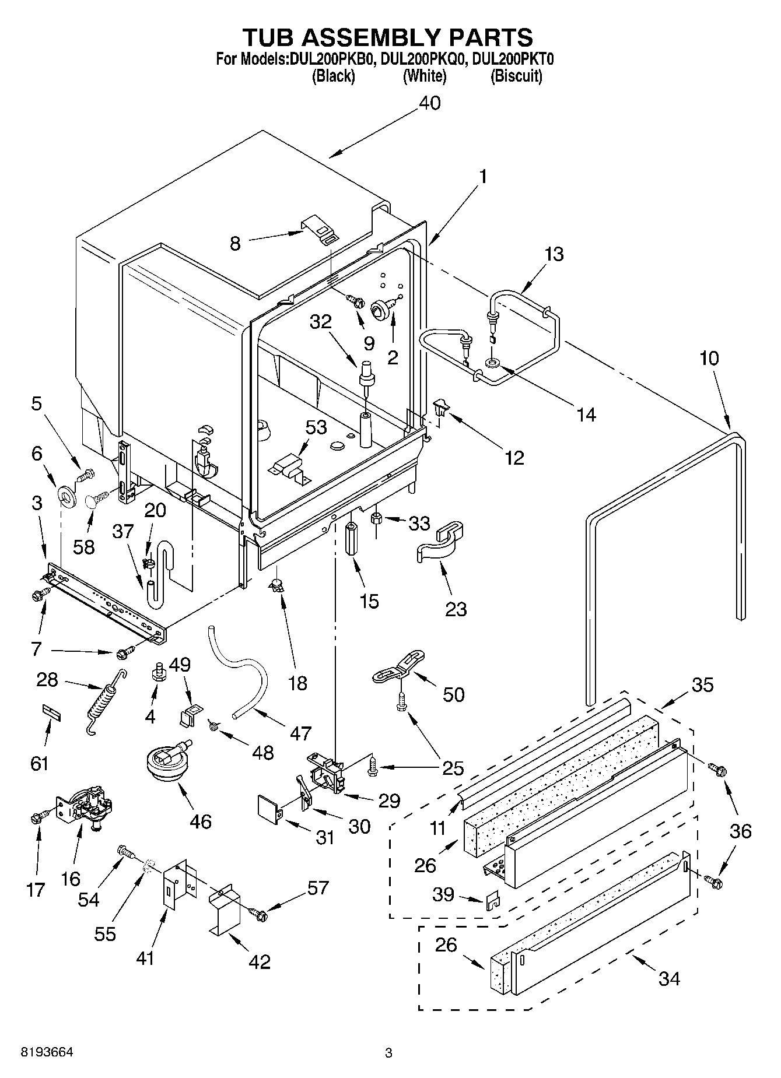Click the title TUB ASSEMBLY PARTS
(387, 37)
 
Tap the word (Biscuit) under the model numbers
(516, 76)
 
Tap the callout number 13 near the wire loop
(554, 254)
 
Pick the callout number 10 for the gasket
(709, 358)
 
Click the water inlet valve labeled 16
(87, 806)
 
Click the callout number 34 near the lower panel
(669, 978)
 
